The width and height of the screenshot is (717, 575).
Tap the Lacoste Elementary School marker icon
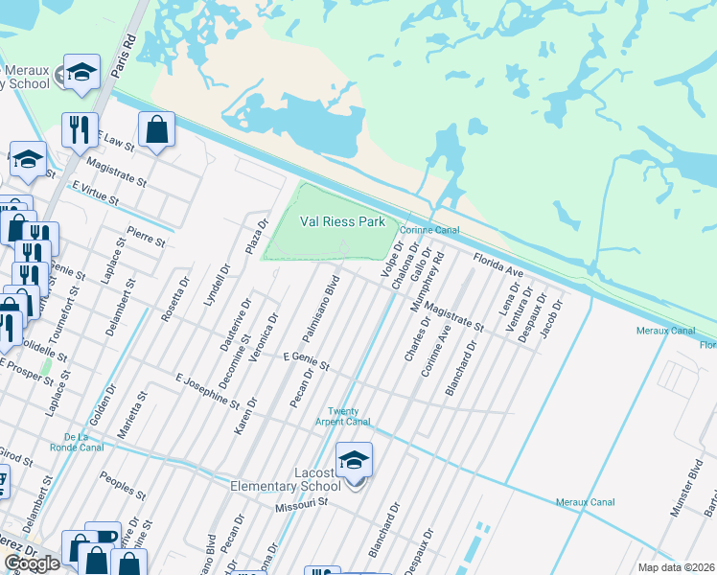pyautogui.click(x=354, y=462)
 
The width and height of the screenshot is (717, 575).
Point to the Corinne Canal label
pyautogui.click(x=429, y=230)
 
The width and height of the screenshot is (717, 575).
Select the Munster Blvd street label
pyautogui.click(x=685, y=494)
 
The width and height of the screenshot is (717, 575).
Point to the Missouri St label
pyautogui.click(x=302, y=502)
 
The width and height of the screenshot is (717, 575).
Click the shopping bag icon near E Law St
pyautogui.click(x=156, y=129)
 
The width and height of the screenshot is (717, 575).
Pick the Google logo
pyautogui.click(x=33, y=563)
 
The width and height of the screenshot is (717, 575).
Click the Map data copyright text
pyautogui.click(x=676, y=567)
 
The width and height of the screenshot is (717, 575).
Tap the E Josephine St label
pyautogui.click(x=208, y=388)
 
